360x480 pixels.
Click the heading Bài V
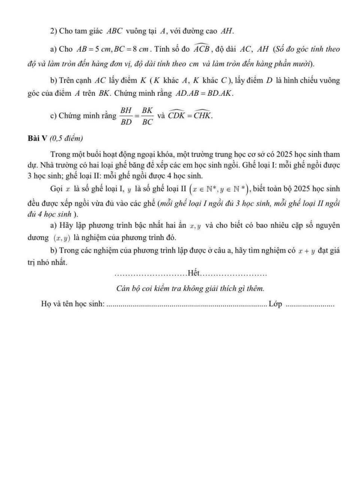pyautogui.click(x=37, y=138)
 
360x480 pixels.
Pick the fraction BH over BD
pyautogui.click(x=126, y=116)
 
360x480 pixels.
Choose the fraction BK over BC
pyautogui.click(x=148, y=116)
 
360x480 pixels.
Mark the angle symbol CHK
pyautogui.click(x=203, y=115)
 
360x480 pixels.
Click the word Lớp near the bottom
pyautogui.click(x=275, y=304)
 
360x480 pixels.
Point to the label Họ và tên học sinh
pyautogui.click(x=73, y=304)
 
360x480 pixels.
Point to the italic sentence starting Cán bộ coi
pyautogui.click(x=190, y=288)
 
